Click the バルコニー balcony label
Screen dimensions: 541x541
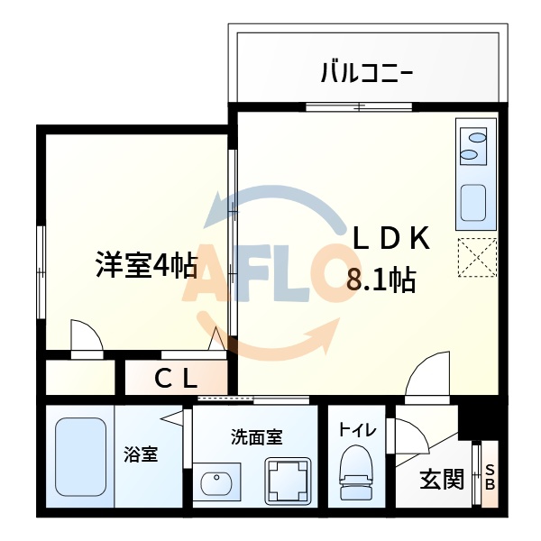[x=366, y=71]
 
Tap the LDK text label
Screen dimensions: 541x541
[x=390, y=239]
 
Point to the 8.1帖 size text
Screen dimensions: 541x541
[x=381, y=281]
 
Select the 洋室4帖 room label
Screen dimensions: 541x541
[x=147, y=265]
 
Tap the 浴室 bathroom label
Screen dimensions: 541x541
[x=141, y=454]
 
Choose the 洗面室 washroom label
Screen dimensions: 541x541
[x=257, y=438]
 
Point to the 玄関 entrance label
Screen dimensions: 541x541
[x=441, y=480]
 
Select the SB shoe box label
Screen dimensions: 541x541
[x=491, y=478]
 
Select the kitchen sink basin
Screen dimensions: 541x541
[x=472, y=206]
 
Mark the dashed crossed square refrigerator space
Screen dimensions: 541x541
[x=477, y=257]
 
